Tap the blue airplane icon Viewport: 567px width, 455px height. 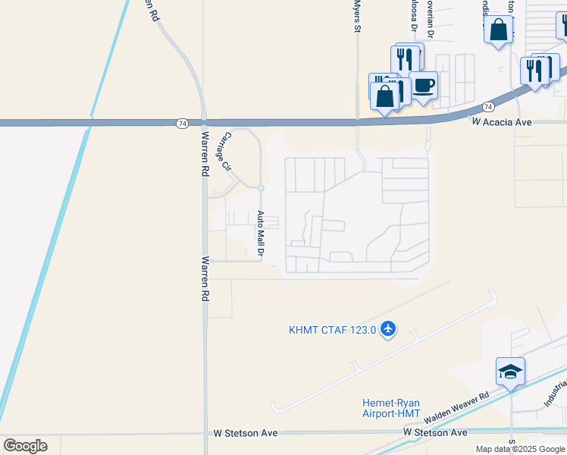click(389, 328)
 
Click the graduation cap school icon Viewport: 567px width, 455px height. click(510, 372)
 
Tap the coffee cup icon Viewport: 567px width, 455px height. click(424, 86)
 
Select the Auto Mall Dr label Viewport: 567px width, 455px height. click(260, 232)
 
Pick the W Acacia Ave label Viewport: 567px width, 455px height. click(502, 121)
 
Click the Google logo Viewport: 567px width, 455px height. click(25, 446)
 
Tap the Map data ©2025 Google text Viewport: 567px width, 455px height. click(520, 449)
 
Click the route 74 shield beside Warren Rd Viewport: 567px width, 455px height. click(182, 122)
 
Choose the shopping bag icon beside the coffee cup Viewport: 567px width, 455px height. click(386, 96)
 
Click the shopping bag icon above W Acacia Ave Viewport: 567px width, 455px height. click(499, 30)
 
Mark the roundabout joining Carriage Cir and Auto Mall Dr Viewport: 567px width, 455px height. click(260, 188)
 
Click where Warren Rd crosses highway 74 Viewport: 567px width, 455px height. click(205, 122)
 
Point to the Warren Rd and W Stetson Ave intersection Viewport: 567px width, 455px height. click(206, 432)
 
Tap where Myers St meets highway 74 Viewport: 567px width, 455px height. click(357, 121)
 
